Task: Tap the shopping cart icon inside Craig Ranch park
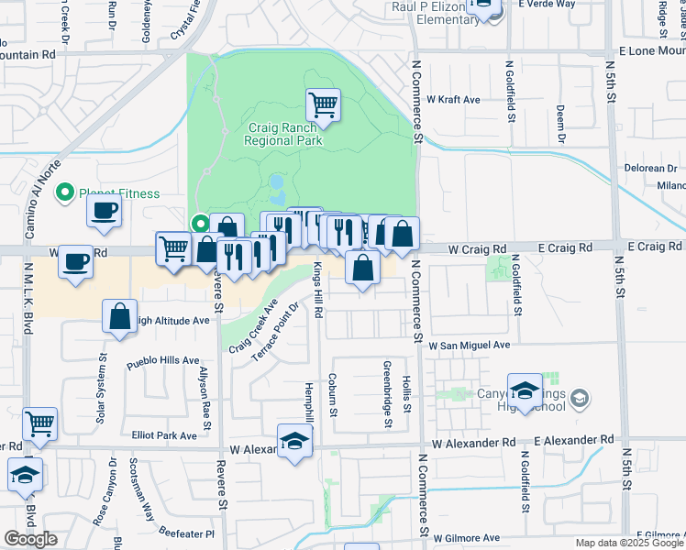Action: point(323,105)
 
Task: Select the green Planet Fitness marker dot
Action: point(64,192)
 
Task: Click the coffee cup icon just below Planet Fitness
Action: point(104,211)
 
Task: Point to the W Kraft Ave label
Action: point(453,99)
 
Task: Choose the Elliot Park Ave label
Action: point(164,435)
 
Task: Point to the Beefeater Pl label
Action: point(182,533)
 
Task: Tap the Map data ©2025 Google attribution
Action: point(628,543)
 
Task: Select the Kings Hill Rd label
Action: point(318,290)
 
